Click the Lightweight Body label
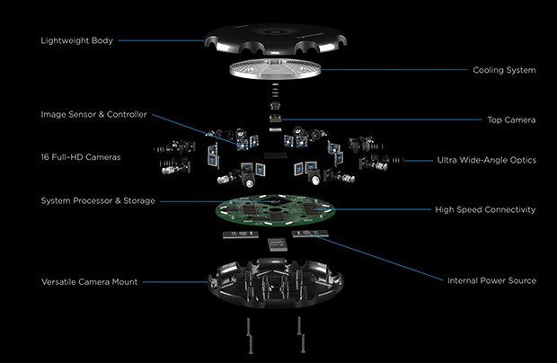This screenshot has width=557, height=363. [x=78, y=41]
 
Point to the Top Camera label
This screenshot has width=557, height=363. [x=514, y=119]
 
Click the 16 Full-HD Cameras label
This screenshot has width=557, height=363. [x=81, y=157]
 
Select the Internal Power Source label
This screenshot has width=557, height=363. [x=491, y=280]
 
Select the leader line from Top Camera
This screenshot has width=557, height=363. [x=404, y=119]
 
